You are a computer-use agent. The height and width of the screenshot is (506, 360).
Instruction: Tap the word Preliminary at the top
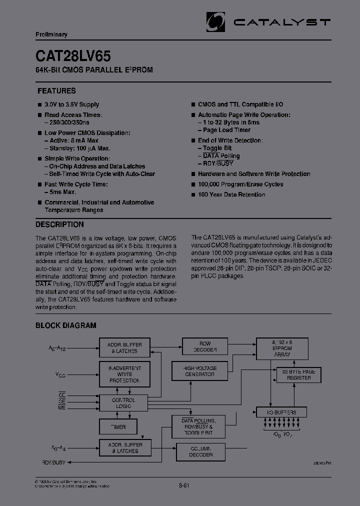[x=51, y=34]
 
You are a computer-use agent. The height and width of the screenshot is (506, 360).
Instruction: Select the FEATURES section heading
[x=56, y=91]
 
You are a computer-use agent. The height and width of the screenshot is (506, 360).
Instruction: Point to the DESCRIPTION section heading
[x=59, y=224]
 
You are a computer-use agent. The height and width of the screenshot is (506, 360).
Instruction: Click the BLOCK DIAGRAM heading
[x=65, y=325]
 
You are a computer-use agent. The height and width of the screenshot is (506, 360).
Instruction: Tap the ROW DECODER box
[x=205, y=347]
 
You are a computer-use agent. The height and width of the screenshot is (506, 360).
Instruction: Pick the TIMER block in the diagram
[x=118, y=427]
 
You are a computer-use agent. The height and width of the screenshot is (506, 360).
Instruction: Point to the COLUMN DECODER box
[x=200, y=451]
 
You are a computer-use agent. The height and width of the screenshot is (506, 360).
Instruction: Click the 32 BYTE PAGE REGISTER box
[x=299, y=374]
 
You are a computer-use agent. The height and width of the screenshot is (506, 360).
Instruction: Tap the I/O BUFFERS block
[x=281, y=412]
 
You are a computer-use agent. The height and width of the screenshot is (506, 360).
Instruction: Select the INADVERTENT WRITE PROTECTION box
[x=124, y=374]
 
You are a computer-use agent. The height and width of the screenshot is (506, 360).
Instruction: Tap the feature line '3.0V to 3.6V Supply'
[x=71, y=104]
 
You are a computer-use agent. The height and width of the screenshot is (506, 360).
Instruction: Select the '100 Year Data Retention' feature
[x=231, y=194]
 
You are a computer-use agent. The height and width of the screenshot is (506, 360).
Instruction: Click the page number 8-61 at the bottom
[x=184, y=485]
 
